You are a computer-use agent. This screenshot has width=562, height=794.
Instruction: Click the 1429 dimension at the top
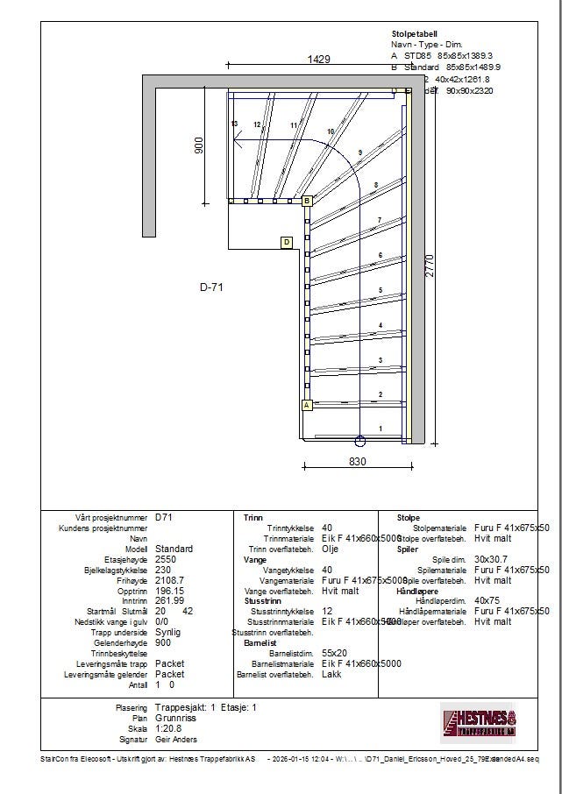tap(318, 60)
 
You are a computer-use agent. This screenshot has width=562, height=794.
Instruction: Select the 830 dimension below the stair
tap(357, 462)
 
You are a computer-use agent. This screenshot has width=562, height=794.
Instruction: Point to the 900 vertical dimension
tap(198, 145)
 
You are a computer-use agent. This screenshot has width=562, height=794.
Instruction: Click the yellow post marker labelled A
tap(307, 405)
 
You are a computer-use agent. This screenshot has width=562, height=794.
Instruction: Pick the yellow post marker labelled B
tap(307, 201)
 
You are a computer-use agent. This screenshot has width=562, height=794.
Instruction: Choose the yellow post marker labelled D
tap(287, 242)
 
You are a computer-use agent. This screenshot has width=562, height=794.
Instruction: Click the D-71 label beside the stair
tap(212, 287)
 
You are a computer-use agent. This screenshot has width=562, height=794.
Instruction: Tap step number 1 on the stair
tap(380, 428)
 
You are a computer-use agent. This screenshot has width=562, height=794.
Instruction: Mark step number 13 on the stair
tap(234, 124)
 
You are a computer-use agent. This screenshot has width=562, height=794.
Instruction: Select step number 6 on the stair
tap(380, 255)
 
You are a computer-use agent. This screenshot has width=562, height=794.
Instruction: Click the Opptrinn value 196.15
tap(170, 590)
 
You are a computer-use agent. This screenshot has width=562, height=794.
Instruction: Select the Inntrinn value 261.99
tap(170, 600)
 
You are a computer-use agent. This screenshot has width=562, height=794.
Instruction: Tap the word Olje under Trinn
tap(331, 549)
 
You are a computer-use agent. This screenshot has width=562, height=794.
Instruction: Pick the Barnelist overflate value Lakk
tap(331, 675)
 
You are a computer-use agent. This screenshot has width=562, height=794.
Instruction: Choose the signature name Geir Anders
tap(176, 738)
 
